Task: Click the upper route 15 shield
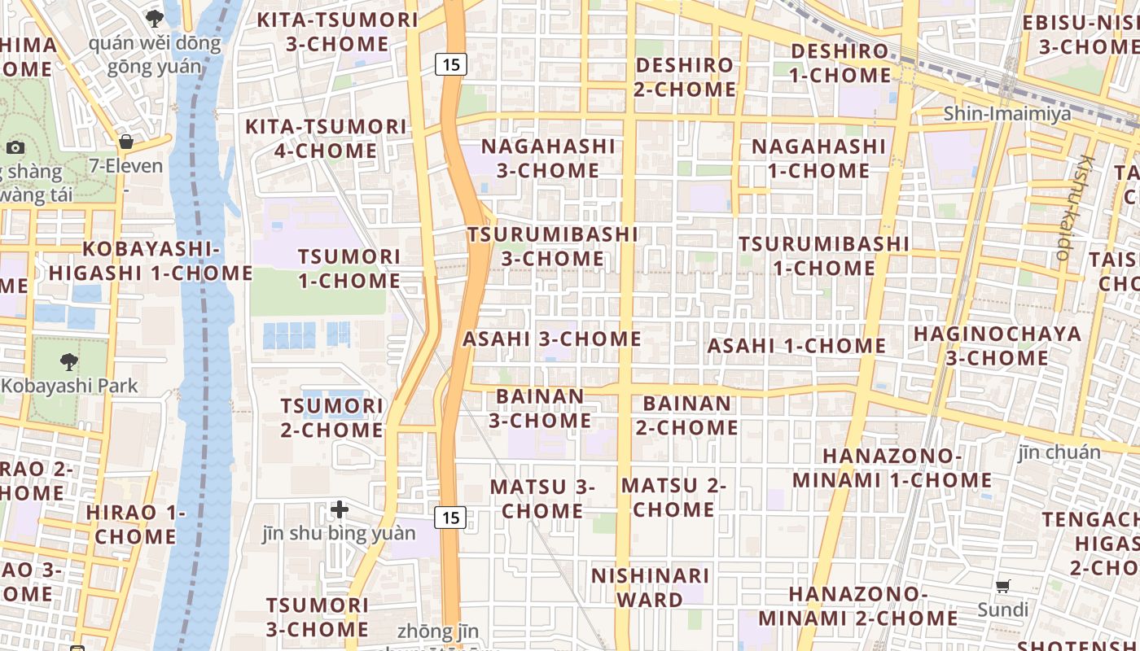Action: coord(451,63)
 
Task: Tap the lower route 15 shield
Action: coord(451,517)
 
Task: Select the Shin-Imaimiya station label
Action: coord(1007,113)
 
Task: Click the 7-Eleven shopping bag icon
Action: coord(126,142)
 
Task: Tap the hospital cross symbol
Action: coord(340,510)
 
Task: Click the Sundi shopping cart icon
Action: coord(1003,586)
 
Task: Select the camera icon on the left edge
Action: coord(15,147)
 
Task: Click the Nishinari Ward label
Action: coord(650,588)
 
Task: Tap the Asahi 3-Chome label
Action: coord(552,339)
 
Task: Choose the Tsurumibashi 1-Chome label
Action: coord(823,256)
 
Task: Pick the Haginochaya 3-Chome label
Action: coord(997,346)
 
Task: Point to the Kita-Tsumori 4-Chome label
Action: coord(326,138)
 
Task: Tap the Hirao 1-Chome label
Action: coord(136,524)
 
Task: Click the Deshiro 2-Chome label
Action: coord(684,76)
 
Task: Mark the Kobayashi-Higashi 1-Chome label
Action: coord(151,260)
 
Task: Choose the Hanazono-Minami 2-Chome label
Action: coord(872,605)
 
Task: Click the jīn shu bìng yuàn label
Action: coord(339,534)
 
